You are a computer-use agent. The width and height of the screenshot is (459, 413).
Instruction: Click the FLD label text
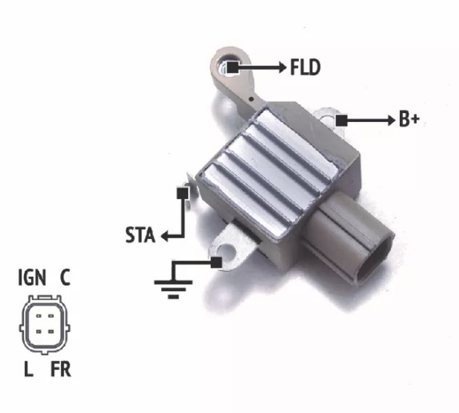pos(305,67)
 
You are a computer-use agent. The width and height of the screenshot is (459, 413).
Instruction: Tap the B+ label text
pos(409,119)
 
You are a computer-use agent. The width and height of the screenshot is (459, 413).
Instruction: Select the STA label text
pos(140,235)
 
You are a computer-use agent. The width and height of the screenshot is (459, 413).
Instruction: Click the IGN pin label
pos(32,277)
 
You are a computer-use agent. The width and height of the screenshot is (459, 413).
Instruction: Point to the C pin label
pos(65,277)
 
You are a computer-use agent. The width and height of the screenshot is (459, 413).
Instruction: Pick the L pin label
pos(28,369)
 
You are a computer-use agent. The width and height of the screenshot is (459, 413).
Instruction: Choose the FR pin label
pos(61,369)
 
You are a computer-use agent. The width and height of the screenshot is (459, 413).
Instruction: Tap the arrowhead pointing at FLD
pos(283,67)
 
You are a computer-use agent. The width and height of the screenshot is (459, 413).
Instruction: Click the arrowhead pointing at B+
pos(392,120)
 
